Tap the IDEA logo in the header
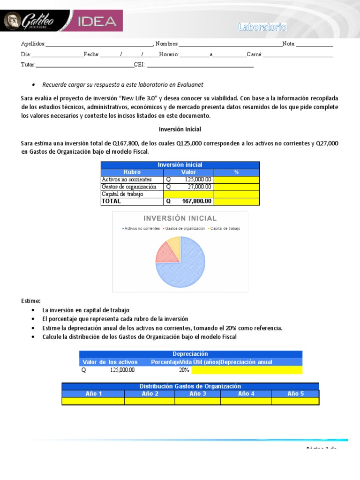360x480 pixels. tap(96, 22)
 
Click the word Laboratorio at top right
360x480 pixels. tap(262, 27)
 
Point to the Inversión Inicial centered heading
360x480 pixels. tap(180, 129)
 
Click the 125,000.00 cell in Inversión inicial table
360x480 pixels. tap(188, 180)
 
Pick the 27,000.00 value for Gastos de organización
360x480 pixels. tap(188, 187)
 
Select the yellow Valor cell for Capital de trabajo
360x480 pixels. tap(188, 194)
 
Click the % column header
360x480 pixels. tap(236, 172)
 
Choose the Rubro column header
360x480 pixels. tap(132, 172)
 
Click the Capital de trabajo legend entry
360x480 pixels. tap(224, 228)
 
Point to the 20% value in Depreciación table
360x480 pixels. tap(184, 370)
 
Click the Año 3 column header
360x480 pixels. tap(197, 394)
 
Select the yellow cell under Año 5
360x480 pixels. tap(295, 401)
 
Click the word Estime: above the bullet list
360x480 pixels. tap(31, 300)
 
